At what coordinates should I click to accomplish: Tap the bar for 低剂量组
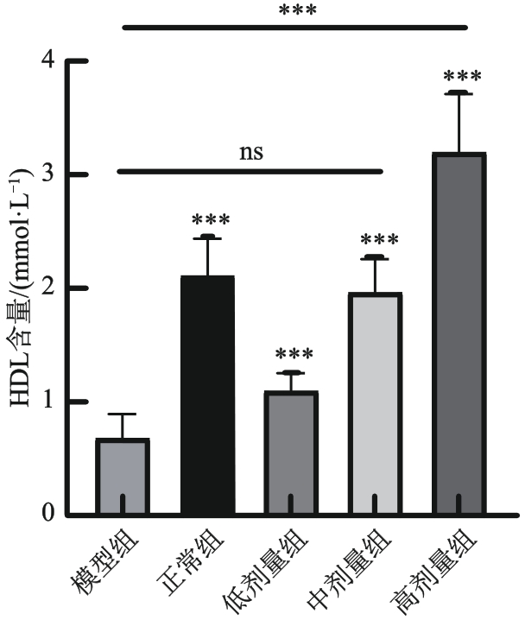[291, 453]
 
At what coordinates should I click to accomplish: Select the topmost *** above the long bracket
[296, 11]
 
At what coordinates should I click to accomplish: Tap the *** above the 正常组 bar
[207, 221]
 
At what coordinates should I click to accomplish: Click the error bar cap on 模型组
[123, 414]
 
